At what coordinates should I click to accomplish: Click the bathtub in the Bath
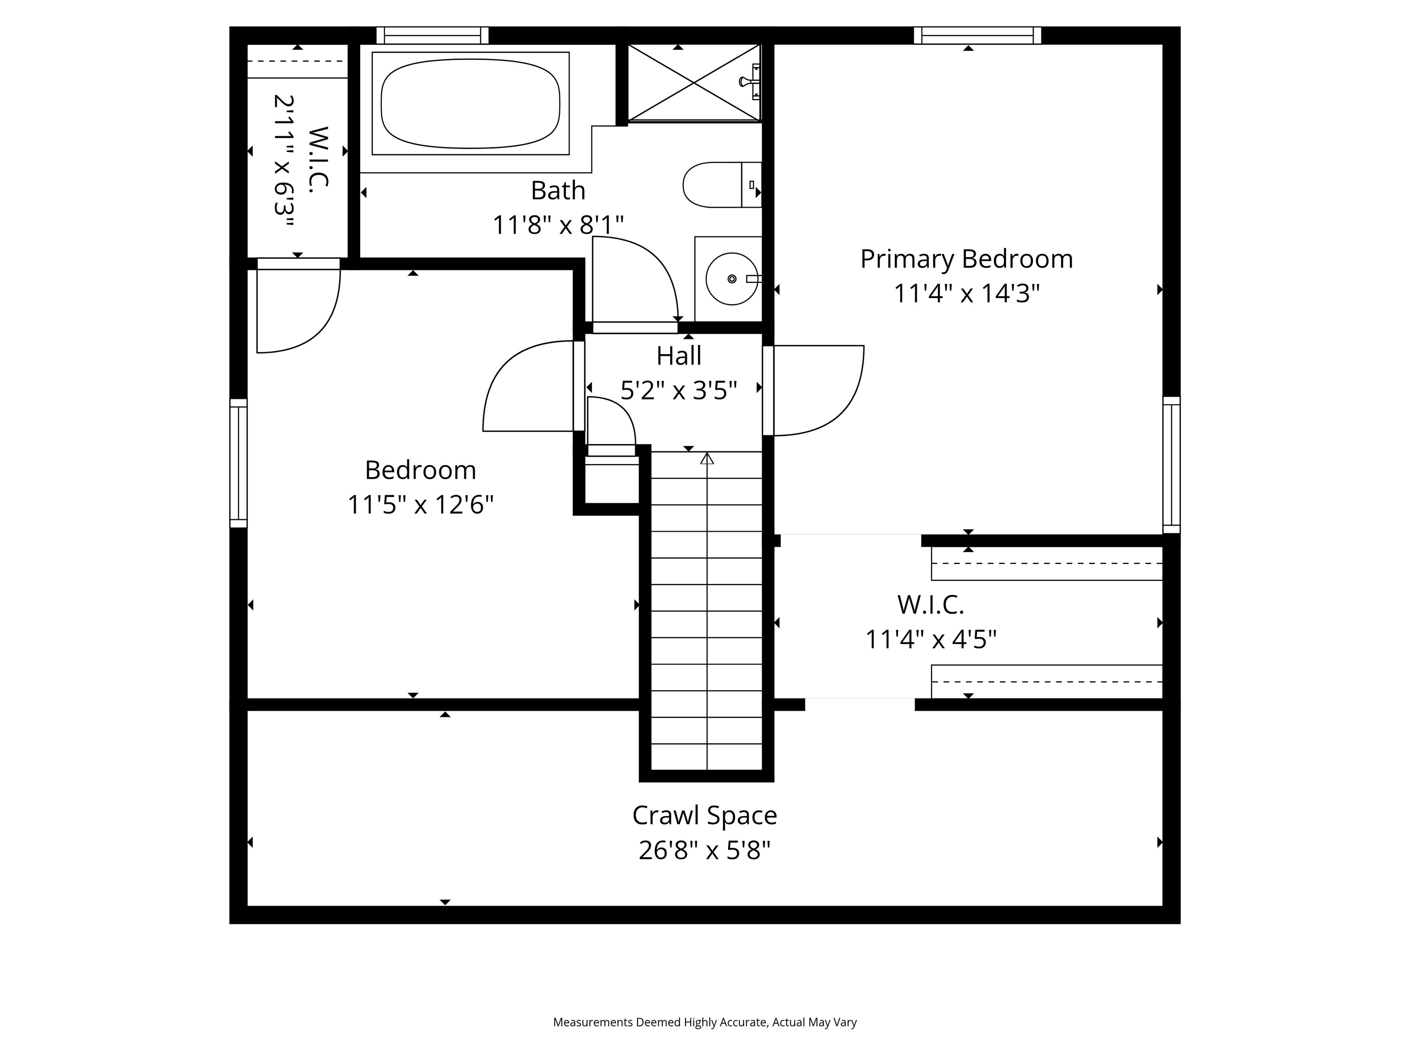click(x=470, y=103)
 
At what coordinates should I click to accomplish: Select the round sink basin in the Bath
click(x=731, y=279)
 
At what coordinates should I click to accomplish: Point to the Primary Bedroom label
click(x=966, y=259)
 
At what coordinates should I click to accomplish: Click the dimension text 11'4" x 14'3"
click(x=966, y=294)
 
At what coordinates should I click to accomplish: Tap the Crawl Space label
click(x=705, y=816)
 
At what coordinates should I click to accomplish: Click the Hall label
click(x=679, y=356)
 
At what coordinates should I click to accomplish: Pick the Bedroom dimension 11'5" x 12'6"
click(x=421, y=505)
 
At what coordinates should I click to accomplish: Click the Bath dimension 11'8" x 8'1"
click(x=558, y=225)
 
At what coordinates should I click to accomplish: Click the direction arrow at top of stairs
click(x=707, y=459)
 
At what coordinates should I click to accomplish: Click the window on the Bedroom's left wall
click(x=238, y=464)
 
